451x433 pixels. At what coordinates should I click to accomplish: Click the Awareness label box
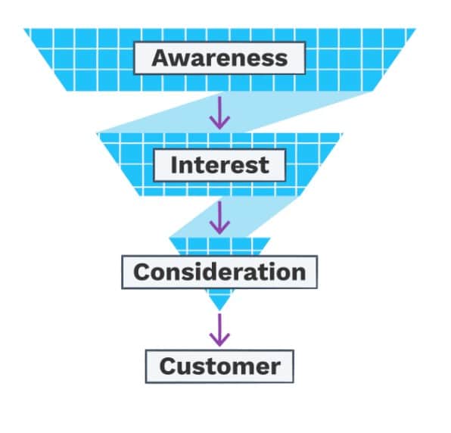point(219,58)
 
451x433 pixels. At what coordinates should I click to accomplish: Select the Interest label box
point(219,166)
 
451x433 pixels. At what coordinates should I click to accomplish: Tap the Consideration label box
point(219,273)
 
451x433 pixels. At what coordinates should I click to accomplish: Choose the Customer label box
point(219,366)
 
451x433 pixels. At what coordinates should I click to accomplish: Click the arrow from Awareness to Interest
point(219,113)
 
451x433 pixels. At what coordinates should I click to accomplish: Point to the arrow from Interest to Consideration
point(219,218)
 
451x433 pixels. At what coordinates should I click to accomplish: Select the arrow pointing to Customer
point(219,330)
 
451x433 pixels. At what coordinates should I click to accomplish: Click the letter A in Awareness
point(161,58)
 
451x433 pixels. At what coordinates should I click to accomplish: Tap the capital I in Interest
point(174,165)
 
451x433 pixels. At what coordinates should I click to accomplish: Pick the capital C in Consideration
point(142,273)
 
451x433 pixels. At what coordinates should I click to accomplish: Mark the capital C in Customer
point(167,366)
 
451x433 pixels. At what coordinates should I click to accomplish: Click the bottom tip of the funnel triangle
point(219,310)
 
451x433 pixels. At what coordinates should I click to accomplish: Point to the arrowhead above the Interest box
point(219,123)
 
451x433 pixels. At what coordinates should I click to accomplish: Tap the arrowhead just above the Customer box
point(219,340)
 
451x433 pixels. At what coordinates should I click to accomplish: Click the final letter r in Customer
point(275,369)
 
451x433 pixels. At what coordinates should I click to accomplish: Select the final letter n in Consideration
point(298,274)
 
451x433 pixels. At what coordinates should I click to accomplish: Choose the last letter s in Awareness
point(281,60)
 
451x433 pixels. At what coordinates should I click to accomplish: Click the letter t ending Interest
point(265,166)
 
